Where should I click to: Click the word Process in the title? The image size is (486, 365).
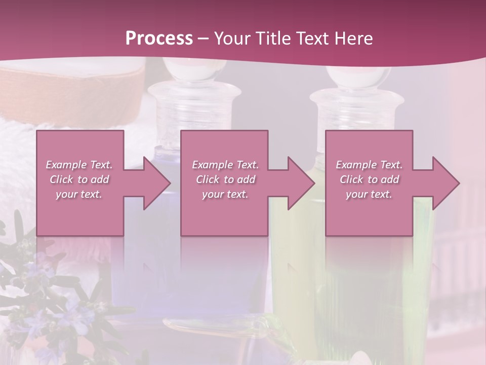[x=159, y=38]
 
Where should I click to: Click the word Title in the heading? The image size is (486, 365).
[x=270, y=38]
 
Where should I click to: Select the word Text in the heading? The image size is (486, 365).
[x=312, y=38]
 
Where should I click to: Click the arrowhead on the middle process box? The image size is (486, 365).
[x=300, y=183]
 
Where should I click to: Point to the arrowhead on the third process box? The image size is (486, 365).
[x=445, y=183]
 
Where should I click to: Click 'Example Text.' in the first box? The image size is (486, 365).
[x=79, y=165]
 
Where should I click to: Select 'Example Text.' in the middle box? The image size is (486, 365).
[x=225, y=165]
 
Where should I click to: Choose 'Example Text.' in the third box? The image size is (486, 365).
[x=369, y=165]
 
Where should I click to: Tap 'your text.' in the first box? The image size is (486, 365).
[x=79, y=194]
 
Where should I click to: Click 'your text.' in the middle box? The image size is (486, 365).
[x=225, y=194]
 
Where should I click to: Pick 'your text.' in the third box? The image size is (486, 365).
[x=369, y=194]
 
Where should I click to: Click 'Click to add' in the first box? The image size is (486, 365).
[x=79, y=179]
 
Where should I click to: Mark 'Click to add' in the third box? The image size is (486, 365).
[x=369, y=179]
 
